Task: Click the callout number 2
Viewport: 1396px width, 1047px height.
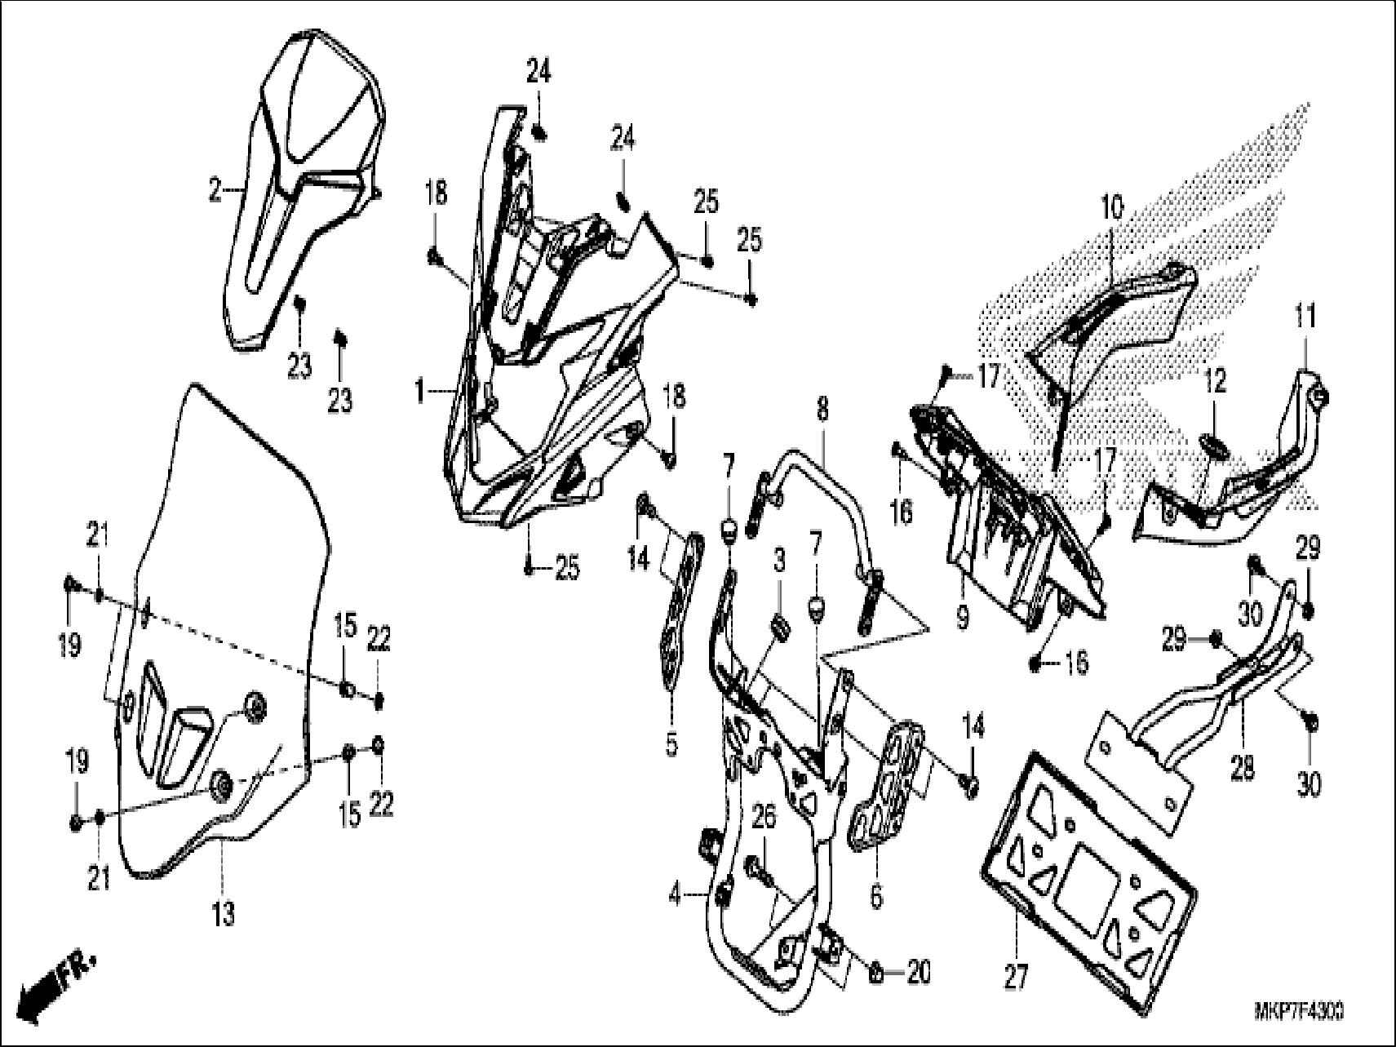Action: point(215,192)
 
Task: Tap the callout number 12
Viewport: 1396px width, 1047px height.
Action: point(1216,381)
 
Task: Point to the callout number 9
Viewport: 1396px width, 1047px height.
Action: point(963,617)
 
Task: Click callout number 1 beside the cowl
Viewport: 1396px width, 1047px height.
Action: point(419,393)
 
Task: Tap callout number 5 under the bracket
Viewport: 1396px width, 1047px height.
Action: point(671,746)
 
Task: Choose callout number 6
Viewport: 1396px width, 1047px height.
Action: point(876,897)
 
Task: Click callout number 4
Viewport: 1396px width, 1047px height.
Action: point(674,895)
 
